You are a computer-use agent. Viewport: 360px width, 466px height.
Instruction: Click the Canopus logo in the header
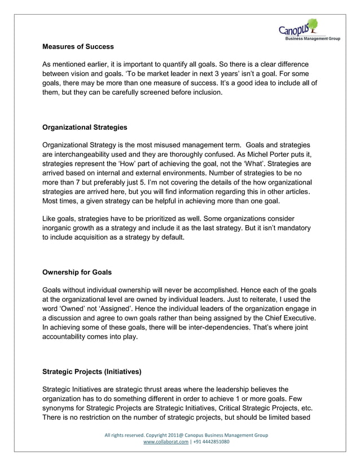[x=297, y=28]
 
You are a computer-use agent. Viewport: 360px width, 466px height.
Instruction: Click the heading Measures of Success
[x=78, y=46]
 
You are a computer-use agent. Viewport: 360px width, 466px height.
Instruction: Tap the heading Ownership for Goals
[x=77, y=272]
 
